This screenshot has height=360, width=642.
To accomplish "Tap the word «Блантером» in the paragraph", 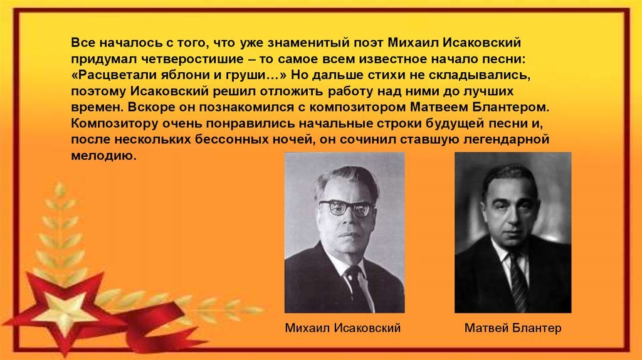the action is pos(510,107).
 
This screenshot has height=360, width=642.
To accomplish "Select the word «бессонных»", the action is pos(231,139).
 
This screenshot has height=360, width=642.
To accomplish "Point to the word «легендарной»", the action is pos(506,139).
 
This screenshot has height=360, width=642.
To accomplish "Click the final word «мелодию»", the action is pos(103,156).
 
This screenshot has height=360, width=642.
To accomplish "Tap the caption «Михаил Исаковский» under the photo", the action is pos(343,328).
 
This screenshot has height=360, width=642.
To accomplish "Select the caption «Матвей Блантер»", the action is pos(513,328).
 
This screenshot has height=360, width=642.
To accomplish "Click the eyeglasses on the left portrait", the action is pos(346,208).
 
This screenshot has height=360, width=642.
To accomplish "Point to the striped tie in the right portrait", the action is pos(517,283).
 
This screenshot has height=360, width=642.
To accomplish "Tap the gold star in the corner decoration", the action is pos(65,310).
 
